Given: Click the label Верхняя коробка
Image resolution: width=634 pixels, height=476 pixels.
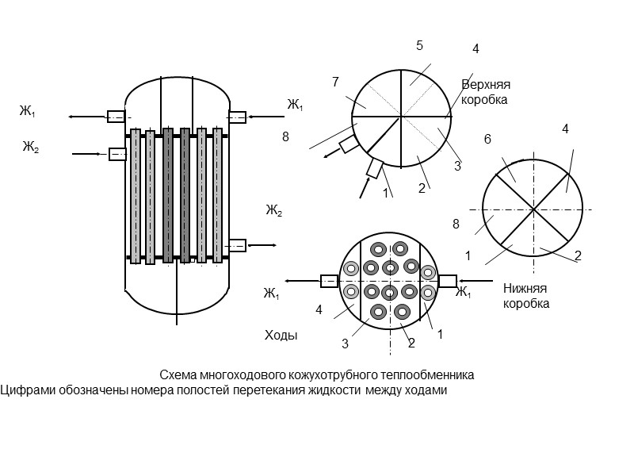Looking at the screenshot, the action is (x=484, y=92).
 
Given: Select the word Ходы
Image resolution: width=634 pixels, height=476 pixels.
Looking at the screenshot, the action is (x=281, y=336).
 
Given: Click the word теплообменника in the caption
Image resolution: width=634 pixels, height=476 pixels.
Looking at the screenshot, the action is (x=433, y=374).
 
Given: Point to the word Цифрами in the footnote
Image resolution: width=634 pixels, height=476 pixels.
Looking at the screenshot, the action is (x=23, y=390).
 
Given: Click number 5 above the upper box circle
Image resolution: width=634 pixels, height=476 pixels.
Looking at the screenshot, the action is (x=419, y=46).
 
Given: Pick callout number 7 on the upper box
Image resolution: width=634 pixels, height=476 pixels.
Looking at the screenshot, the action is (x=335, y=82).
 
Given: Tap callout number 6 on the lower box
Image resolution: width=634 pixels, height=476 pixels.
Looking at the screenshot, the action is (x=487, y=140).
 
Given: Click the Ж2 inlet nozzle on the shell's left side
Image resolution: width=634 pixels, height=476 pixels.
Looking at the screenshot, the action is (x=117, y=154).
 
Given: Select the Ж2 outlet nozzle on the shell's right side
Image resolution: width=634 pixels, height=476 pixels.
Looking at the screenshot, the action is (x=237, y=245).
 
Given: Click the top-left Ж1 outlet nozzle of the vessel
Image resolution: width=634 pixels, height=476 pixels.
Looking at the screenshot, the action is (x=116, y=117).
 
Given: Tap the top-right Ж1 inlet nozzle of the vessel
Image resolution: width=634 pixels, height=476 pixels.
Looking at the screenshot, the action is (x=237, y=117).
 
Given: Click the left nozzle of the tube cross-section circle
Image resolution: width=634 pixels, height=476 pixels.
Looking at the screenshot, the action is (x=329, y=281).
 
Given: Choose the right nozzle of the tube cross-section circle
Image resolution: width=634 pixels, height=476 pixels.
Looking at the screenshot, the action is (x=448, y=281).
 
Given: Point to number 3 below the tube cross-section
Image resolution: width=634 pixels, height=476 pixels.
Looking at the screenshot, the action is (x=345, y=343).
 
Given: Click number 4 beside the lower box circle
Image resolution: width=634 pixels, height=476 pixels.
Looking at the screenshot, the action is (x=565, y=129).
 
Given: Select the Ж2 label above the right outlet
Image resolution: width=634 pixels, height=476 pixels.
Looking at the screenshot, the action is (x=274, y=210).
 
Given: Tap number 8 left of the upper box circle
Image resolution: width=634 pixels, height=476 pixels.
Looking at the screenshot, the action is (x=285, y=136).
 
